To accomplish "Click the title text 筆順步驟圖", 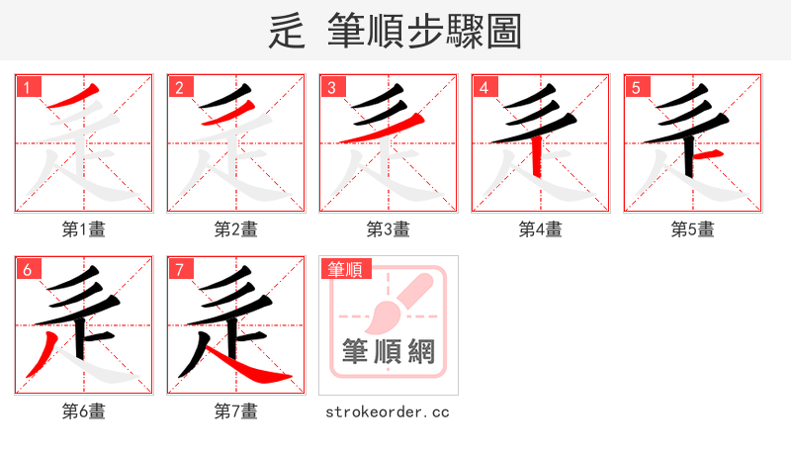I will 425,32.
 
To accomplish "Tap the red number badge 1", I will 28,87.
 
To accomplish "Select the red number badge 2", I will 180,87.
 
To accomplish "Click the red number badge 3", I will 332,87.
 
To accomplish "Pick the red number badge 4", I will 484,87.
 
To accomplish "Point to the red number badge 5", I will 637,87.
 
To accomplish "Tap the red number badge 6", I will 28,269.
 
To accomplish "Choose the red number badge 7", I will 180,269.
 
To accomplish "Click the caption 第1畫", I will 84,229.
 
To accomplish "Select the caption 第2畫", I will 236,229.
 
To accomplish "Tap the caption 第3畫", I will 389,229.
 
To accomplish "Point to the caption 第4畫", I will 541,229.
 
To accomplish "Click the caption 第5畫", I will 693,229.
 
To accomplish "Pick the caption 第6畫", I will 84,411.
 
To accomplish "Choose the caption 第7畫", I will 236,411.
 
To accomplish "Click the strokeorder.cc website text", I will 389,411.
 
